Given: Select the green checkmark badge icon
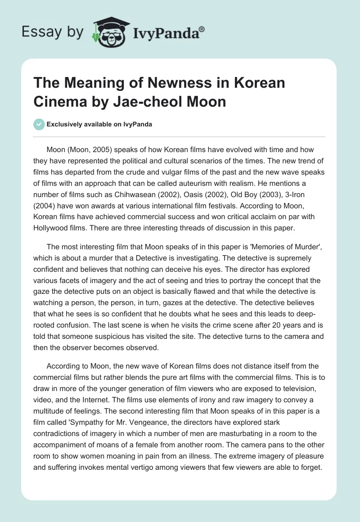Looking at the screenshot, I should click(x=39, y=124).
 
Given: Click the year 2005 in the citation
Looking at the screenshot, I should click(x=107, y=149).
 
